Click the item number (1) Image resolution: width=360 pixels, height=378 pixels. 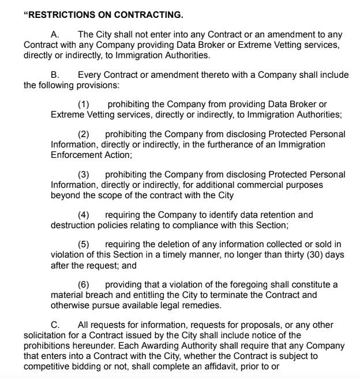(x=84, y=104)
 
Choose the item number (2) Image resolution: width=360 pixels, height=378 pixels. (x=84, y=134)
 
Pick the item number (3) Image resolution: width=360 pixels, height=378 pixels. (x=84, y=174)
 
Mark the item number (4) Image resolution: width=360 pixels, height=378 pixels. (x=84, y=214)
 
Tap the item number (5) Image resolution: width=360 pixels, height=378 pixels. (x=84, y=244)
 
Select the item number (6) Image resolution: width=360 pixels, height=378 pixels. (x=84, y=285)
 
